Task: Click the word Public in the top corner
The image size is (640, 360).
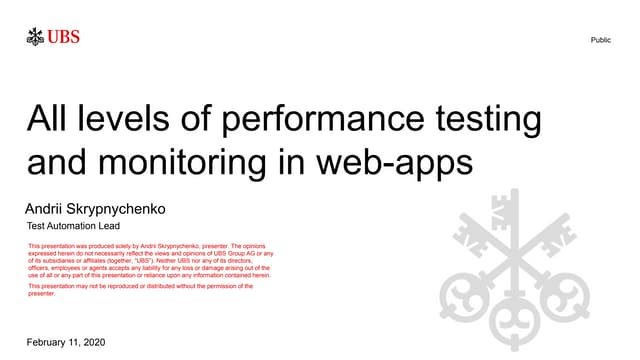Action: pos(601,40)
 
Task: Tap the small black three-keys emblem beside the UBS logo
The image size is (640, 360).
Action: pos(36,39)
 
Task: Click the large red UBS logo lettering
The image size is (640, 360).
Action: pos(62,39)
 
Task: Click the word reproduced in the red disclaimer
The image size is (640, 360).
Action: pos(114,286)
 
